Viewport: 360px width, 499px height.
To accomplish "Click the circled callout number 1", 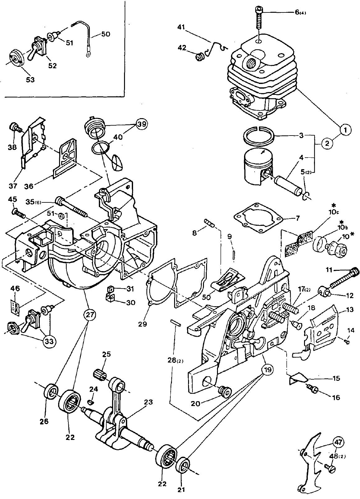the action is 345,130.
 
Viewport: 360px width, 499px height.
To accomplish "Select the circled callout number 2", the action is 327,143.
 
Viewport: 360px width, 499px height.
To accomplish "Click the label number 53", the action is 30,80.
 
